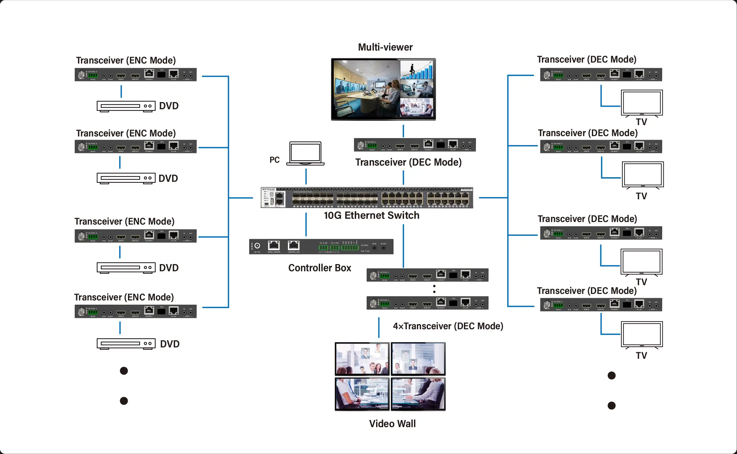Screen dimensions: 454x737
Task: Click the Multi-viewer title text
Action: tap(385, 47)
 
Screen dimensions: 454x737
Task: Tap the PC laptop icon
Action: tap(305, 153)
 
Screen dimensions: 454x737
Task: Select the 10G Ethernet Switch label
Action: tap(371, 215)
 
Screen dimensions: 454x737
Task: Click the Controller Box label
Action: tap(319, 268)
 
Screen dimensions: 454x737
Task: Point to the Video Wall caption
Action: tap(392, 424)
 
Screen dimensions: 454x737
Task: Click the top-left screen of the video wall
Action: tap(362, 359)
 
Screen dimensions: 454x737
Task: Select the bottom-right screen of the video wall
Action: tap(418, 394)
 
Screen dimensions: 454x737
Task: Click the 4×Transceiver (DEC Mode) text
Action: tap(448, 326)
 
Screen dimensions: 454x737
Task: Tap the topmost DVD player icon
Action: tap(126, 106)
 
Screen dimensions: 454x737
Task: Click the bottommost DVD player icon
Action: tap(126, 344)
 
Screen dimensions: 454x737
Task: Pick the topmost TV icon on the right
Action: tap(641, 103)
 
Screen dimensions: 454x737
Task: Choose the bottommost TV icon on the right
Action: tap(641, 334)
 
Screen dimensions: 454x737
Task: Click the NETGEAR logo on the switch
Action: tap(268, 189)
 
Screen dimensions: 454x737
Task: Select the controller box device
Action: tap(321, 247)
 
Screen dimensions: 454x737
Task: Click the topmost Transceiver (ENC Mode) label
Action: tap(126, 61)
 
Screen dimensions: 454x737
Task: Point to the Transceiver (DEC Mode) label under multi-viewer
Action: tap(408, 162)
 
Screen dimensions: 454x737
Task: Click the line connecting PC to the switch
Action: tap(306, 176)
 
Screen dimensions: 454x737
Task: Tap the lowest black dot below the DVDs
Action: tap(124, 401)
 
